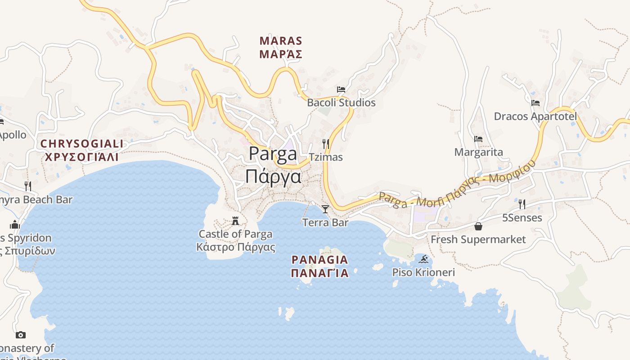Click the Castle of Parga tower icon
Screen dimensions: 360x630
(235, 220)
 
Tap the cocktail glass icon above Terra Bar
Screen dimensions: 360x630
(325, 209)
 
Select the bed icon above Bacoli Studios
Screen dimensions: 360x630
(341, 90)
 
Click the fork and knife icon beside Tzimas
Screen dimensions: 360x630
(326, 144)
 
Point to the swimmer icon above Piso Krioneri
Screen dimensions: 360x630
(423, 259)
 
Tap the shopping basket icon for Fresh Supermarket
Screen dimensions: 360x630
(478, 226)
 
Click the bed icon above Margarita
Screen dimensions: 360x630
(478, 139)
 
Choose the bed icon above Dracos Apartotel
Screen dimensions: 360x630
(535, 103)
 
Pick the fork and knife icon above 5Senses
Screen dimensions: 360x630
(522, 204)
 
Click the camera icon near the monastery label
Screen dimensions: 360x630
(20, 335)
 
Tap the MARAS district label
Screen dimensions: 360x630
(281, 41)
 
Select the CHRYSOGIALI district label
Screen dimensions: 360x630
(81, 144)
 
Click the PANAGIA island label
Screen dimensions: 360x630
(319, 260)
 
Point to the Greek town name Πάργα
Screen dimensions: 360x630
(273, 176)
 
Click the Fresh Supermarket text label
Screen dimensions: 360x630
(478, 239)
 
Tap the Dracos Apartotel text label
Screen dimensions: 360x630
(535, 117)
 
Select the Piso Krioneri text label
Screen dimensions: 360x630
(423, 272)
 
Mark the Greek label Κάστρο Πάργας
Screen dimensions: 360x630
(235, 247)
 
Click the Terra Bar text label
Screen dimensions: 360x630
(325, 222)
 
